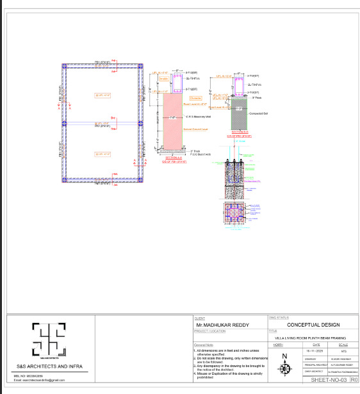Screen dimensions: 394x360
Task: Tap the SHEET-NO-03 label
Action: [327, 380]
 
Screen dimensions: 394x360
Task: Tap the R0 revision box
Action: [353, 380]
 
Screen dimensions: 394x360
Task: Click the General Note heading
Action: [203, 344]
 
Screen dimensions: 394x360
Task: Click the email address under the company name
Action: [39, 380]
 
